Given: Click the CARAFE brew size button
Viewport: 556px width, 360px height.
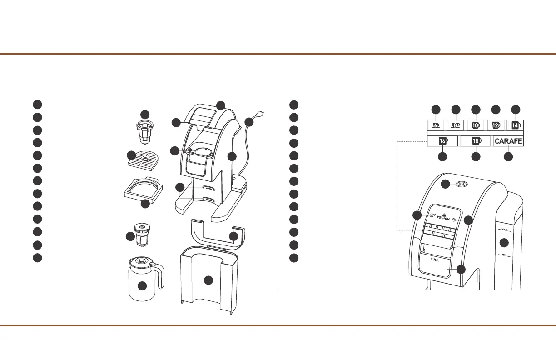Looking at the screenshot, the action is pos(508,141).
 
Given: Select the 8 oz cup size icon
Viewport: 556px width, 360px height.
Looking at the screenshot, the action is pos(456,125).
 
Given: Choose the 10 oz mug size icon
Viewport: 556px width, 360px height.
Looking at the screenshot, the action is pos(476,125).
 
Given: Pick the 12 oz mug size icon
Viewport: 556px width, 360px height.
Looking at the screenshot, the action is pos(496,125).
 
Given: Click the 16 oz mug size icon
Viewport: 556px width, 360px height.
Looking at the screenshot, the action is pos(443,141).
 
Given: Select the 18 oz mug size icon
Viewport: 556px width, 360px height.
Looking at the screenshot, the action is pos(476,141).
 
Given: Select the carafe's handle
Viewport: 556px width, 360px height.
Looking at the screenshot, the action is pos(159,275).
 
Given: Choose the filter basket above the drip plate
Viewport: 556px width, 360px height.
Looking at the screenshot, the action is pos(144,130).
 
